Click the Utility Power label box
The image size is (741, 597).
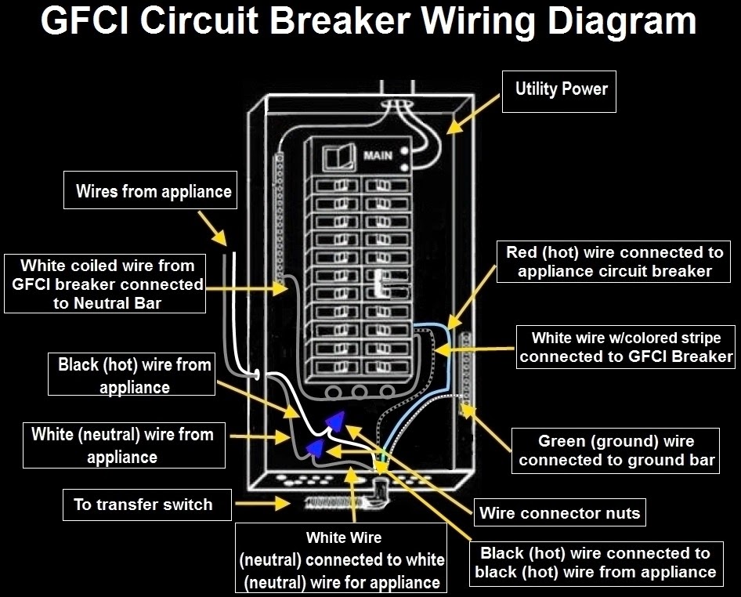click(x=561, y=89)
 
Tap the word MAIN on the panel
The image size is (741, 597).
click(x=378, y=156)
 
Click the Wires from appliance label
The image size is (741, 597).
click(x=153, y=191)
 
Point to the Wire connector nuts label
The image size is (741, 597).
click(x=559, y=514)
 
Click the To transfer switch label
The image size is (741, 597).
click(x=143, y=504)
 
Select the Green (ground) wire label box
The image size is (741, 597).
click(x=616, y=450)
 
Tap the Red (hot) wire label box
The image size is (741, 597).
click(x=614, y=262)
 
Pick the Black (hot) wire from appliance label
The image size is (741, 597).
click(x=134, y=375)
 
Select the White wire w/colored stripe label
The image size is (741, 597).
click(x=626, y=348)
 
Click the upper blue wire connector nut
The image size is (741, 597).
click(x=335, y=420)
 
